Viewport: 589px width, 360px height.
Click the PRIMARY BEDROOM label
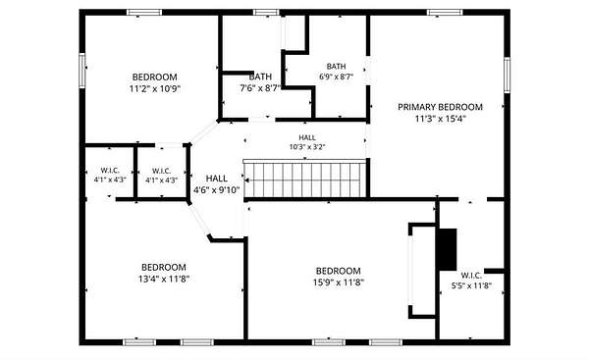[x=440, y=107]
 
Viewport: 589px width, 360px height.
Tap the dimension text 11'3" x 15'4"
[x=440, y=119]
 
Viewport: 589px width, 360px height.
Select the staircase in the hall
[x=304, y=179]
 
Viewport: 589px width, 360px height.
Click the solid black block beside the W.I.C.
[x=448, y=249]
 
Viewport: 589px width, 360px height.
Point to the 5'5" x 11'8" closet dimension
[x=471, y=285]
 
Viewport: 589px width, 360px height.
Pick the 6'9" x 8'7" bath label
[x=336, y=77]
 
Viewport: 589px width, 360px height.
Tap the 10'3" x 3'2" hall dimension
[x=307, y=147]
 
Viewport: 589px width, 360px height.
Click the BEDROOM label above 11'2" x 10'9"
[x=155, y=77]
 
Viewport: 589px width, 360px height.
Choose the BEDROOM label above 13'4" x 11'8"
[x=164, y=267]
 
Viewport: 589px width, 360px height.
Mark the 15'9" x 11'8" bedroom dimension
[x=339, y=283]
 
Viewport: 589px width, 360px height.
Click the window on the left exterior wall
[x=82, y=71]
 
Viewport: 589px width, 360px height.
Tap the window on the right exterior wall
[x=507, y=75]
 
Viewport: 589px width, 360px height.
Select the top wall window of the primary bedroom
[x=445, y=13]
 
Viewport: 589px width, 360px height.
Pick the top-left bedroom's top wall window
[x=144, y=13]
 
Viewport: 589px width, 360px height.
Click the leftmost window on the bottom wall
[x=139, y=342]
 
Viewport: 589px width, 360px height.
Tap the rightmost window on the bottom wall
[x=386, y=342]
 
